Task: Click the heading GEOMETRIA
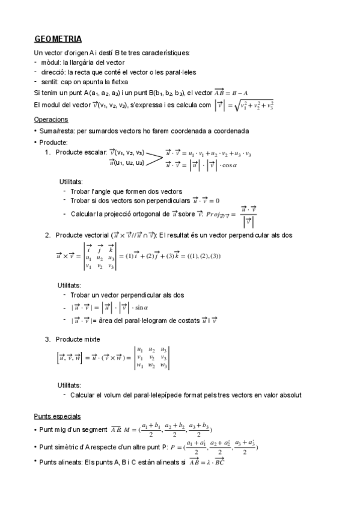point(58,39)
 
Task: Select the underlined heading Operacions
point(52,120)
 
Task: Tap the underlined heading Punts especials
point(58,416)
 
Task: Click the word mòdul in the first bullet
point(50,62)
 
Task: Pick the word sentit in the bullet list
point(49,81)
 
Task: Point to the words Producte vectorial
point(83,235)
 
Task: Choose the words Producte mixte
point(78,339)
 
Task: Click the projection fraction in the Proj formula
point(249,215)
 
